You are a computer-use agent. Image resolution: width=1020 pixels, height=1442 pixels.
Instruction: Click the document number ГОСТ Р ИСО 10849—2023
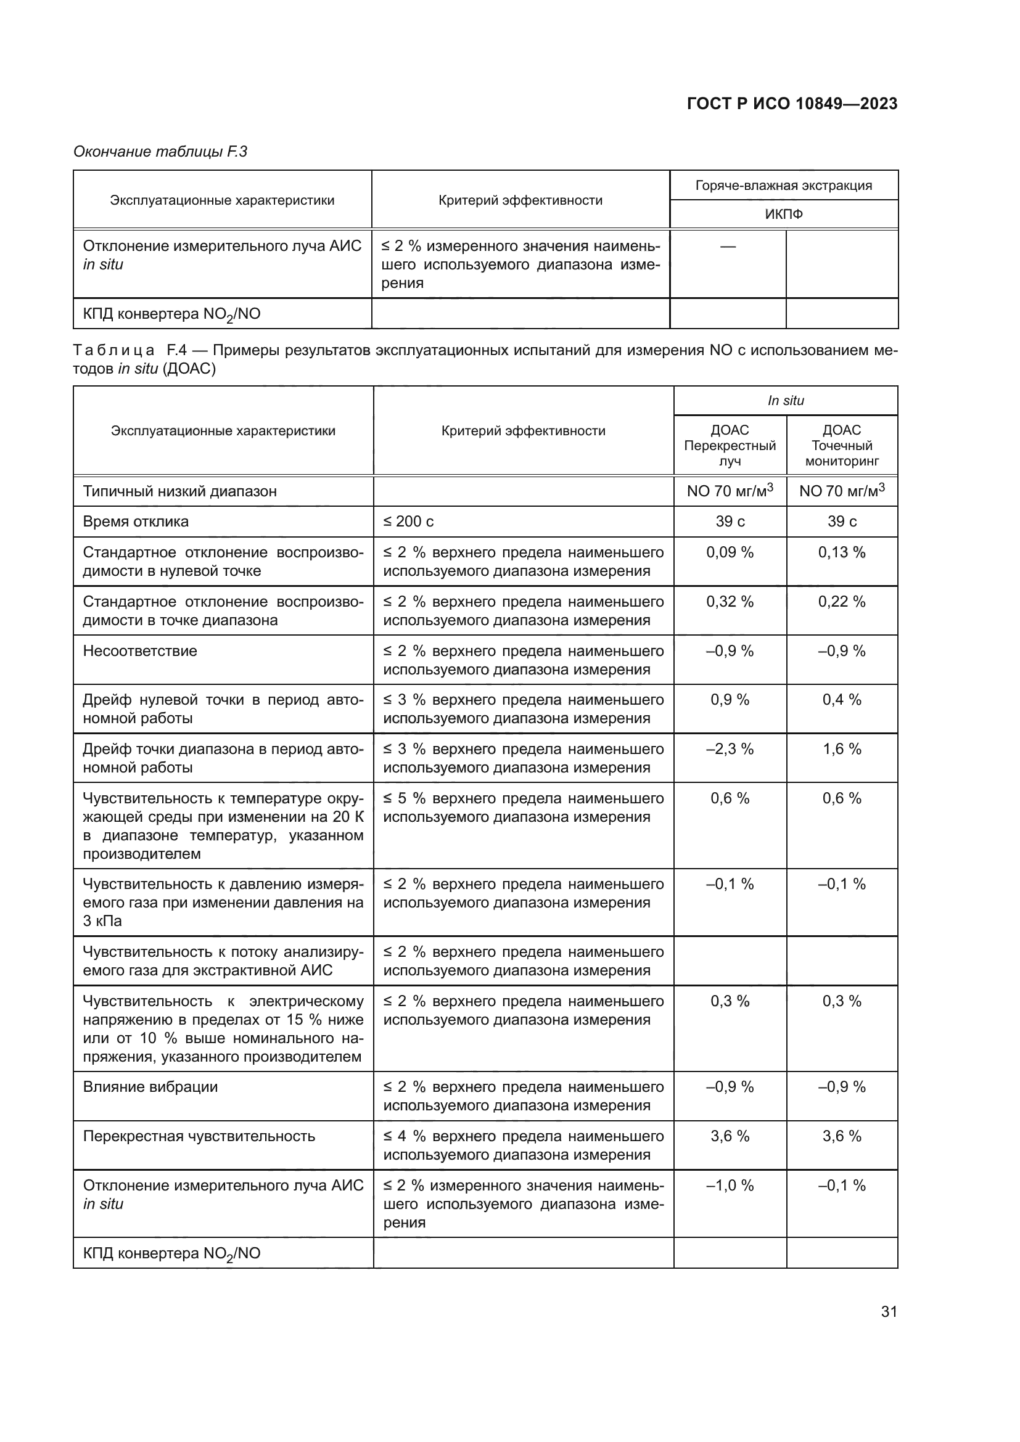[x=792, y=104]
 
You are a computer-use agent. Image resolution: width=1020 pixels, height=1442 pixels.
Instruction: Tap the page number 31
[x=889, y=1311]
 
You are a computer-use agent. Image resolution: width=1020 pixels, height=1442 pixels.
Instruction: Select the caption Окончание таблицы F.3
[x=160, y=152]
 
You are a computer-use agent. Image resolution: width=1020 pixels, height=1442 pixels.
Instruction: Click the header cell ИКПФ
[x=783, y=215]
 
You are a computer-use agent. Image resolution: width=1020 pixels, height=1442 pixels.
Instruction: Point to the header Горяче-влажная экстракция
[x=783, y=186]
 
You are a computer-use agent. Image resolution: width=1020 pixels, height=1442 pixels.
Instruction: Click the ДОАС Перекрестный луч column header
[x=730, y=445]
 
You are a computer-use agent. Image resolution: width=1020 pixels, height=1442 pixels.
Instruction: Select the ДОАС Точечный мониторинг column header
[x=842, y=445]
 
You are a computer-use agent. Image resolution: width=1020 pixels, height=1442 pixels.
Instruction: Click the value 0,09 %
[x=730, y=552]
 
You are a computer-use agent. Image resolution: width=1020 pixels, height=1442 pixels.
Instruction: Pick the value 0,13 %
[x=842, y=552]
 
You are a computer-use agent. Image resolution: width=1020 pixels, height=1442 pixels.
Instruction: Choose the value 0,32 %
[x=730, y=602]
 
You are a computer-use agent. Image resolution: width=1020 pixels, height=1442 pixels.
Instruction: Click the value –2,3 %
[x=730, y=749]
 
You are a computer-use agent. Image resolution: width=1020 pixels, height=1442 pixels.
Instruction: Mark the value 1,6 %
[x=842, y=749]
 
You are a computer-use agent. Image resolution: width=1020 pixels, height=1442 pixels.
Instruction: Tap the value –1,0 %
[x=730, y=1186]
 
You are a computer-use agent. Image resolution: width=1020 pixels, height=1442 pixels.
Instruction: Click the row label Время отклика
[x=136, y=522]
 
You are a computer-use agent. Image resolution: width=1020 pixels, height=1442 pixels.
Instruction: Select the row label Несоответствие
[x=140, y=651]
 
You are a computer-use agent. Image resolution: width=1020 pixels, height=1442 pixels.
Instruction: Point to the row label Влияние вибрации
[x=150, y=1087]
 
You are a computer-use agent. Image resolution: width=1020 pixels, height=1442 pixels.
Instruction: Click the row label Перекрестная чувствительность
[x=199, y=1137]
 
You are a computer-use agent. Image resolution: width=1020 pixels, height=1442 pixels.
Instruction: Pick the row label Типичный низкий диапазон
[x=179, y=491]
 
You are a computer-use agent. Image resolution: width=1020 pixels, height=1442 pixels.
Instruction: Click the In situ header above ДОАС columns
[x=785, y=401]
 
